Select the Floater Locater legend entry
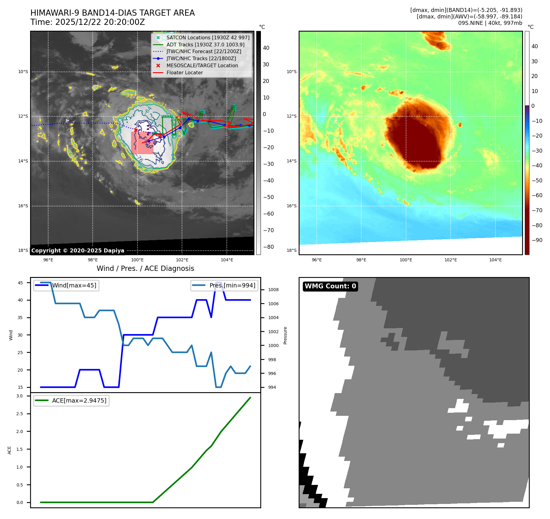click(x=184, y=72)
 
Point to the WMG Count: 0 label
click(x=330, y=286)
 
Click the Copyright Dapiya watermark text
click(x=78, y=251)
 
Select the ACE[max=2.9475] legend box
click(x=71, y=400)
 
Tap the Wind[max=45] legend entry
click(x=66, y=285)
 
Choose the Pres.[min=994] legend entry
click(x=224, y=285)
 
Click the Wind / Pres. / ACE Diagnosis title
click(x=145, y=268)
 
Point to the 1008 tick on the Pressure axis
click(x=273, y=290)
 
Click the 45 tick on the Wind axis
click(x=20, y=283)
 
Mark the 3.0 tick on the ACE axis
click(x=20, y=396)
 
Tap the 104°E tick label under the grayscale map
click(x=227, y=260)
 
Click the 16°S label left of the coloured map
click(x=292, y=206)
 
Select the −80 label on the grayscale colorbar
click(x=268, y=247)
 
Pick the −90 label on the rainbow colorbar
click(x=537, y=240)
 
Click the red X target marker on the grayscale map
click(x=136, y=130)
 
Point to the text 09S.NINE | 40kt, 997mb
click(x=490, y=23)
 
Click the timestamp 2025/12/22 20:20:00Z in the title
click(x=100, y=22)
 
